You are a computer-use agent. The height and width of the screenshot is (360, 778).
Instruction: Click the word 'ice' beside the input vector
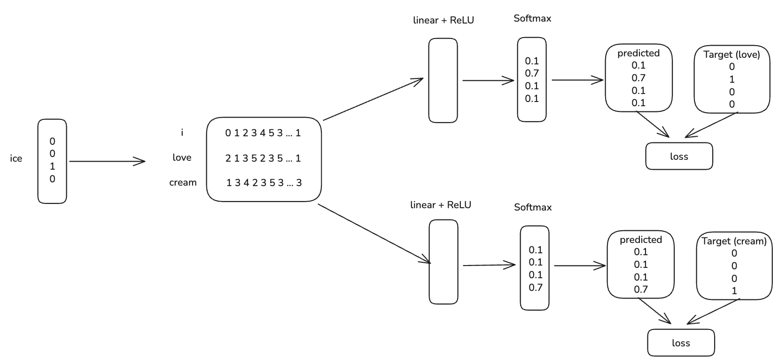click(16, 159)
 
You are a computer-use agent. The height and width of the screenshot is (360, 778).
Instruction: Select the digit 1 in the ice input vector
click(52, 166)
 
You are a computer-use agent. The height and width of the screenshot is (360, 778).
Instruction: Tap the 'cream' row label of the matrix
click(183, 182)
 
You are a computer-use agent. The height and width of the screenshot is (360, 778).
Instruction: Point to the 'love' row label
click(182, 157)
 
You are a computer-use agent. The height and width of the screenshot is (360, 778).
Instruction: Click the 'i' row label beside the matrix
click(182, 133)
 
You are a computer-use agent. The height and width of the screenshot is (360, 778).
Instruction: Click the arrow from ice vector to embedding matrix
click(107, 162)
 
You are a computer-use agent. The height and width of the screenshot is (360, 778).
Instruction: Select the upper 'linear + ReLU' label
click(443, 20)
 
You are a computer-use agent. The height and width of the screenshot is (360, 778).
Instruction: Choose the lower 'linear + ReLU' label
click(440, 205)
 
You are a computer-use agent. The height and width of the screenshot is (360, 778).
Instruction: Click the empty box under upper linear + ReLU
click(443, 80)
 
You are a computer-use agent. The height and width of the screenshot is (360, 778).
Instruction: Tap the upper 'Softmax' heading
click(532, 18)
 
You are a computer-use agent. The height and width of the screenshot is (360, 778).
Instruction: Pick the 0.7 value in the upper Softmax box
click(532, 73)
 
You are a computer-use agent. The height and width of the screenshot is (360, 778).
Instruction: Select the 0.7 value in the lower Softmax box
click(535, 287)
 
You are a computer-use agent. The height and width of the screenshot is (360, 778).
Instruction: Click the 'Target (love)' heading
click(731, 55)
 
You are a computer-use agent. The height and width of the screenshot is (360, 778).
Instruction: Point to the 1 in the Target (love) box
click(732, 79)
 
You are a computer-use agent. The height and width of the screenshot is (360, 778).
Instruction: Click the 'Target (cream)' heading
click(734, 241)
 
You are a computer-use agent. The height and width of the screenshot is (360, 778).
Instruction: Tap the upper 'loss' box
click(679, 157)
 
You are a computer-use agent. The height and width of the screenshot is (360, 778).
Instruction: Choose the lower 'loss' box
click(681, 343)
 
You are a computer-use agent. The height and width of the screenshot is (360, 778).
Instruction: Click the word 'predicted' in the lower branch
click(640, 240)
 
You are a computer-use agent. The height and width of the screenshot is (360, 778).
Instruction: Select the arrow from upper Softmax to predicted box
click(577, 80)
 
